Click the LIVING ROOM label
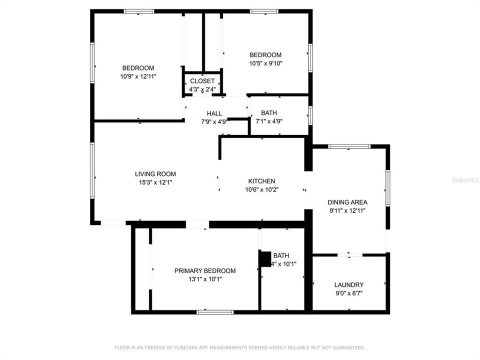[x=155, y=174]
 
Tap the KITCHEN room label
[x=261, y=181]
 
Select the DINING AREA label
[x=347, y=202]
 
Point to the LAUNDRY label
[x=348, y=284]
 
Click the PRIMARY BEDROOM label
[x=204, y=270]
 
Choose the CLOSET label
[x=202, y=81]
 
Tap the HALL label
[x=214, y=113]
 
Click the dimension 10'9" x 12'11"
[x=138, y=76]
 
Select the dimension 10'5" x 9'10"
[x=265, y=63]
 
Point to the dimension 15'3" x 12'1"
[x=155, y=182]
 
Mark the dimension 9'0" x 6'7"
[x=348, y=293]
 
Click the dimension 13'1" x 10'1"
[x=204, y=279]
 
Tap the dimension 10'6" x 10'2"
[x=261, y=189]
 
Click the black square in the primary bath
[x=264, y=258]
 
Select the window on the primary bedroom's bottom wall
[x=215, y=312]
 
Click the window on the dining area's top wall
[x=349, y=146]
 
